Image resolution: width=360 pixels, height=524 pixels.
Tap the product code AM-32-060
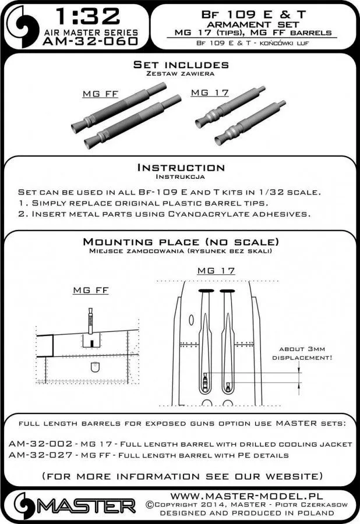(90, 41)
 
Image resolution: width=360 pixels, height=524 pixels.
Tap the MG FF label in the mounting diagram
(88, 291)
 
